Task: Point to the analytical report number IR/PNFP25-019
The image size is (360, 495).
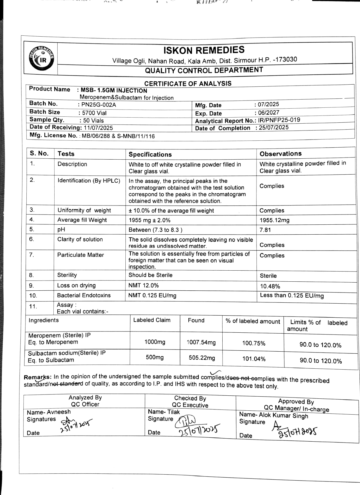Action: click(x=279, y=120)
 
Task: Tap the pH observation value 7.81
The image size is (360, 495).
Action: click(x=265, y=230)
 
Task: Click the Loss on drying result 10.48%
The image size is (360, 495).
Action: click(x=270, y=286)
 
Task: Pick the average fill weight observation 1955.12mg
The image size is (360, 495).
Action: click(x=274, y=220)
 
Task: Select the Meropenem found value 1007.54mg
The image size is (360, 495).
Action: click(x=201, y=342)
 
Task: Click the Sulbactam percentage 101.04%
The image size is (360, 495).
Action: click(x=254, y=359)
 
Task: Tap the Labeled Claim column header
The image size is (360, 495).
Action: click(x=152, y=320)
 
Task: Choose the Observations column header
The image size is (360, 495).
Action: click(x=280, y=154)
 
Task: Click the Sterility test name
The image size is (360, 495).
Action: click(x=67, y=275)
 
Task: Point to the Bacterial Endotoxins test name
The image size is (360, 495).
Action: click(x=84, y=295)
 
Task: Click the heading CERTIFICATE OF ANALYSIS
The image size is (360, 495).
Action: click(x=188, y=83)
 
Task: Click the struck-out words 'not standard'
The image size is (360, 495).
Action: click(x=66, y=384)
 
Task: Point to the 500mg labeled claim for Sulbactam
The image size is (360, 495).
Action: click(x=155, y=357)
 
